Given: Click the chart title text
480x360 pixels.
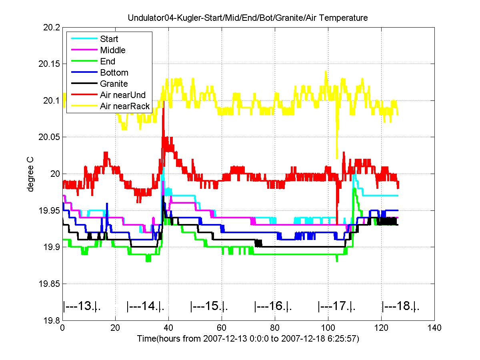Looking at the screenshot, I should point(248,18).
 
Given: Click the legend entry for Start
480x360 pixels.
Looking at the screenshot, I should point(109,39).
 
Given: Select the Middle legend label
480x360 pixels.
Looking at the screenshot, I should point(112,50).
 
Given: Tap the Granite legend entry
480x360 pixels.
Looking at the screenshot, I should point(114,84).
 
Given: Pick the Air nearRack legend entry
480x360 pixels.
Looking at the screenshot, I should point(125,106).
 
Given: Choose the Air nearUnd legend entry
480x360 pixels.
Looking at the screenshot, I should point(123,95).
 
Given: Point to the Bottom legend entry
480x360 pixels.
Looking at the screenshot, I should point(114,73).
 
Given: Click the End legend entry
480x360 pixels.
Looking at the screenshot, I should point(108,62).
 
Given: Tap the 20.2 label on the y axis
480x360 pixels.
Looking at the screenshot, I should point(52,28).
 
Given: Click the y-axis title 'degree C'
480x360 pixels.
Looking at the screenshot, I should point(30,174).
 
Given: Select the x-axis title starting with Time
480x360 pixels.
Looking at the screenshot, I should point(248,339).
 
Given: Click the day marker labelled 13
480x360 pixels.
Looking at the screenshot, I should point(82,307).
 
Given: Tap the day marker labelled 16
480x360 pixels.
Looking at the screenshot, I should point(273,307).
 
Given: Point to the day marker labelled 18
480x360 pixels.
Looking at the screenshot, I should point(400,307).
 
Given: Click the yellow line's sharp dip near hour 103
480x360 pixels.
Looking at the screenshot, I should point(337,157).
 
